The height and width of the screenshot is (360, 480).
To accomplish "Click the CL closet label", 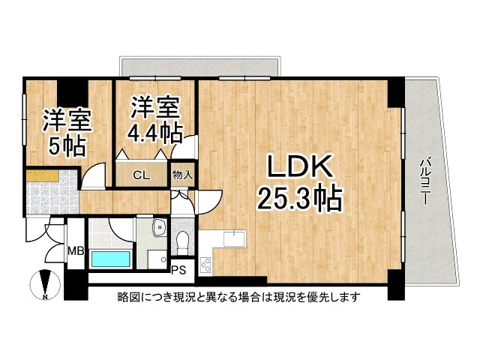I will (141, 176).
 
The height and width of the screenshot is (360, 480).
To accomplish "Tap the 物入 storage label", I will (183, 175).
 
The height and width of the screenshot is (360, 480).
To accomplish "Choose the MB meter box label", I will (75, 250).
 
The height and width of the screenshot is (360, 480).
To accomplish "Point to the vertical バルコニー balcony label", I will (424, 182).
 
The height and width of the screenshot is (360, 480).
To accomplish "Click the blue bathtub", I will (110, 259).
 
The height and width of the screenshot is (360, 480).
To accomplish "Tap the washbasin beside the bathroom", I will (158, 228).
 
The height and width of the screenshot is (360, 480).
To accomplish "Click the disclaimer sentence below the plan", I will (239, 297).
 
